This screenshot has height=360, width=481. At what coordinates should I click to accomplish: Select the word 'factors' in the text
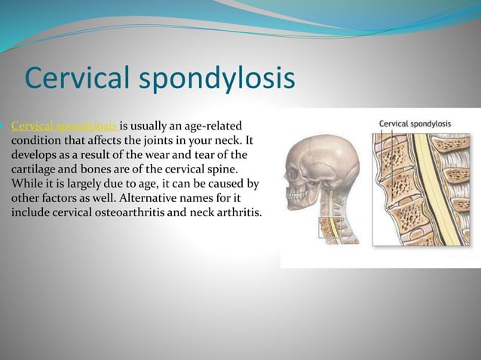(x=62, y=198)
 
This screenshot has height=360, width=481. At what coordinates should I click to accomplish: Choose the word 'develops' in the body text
(x=34, y=154)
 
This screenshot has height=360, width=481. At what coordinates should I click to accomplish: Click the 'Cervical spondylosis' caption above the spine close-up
(x=415, y=124)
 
